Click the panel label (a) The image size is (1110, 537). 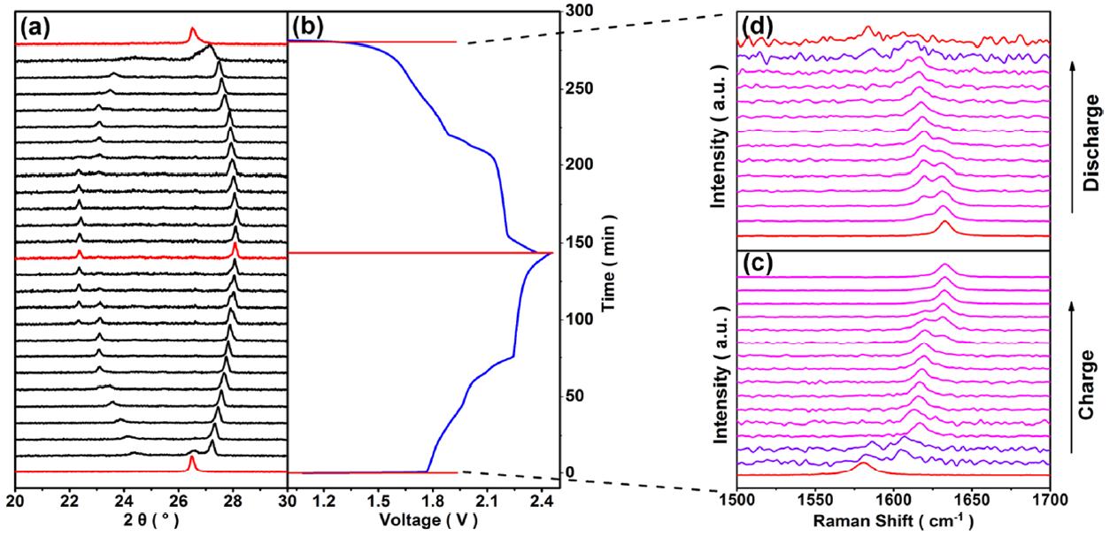[x=36, y=27]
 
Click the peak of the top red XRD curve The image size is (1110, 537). [x=192, y=31]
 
